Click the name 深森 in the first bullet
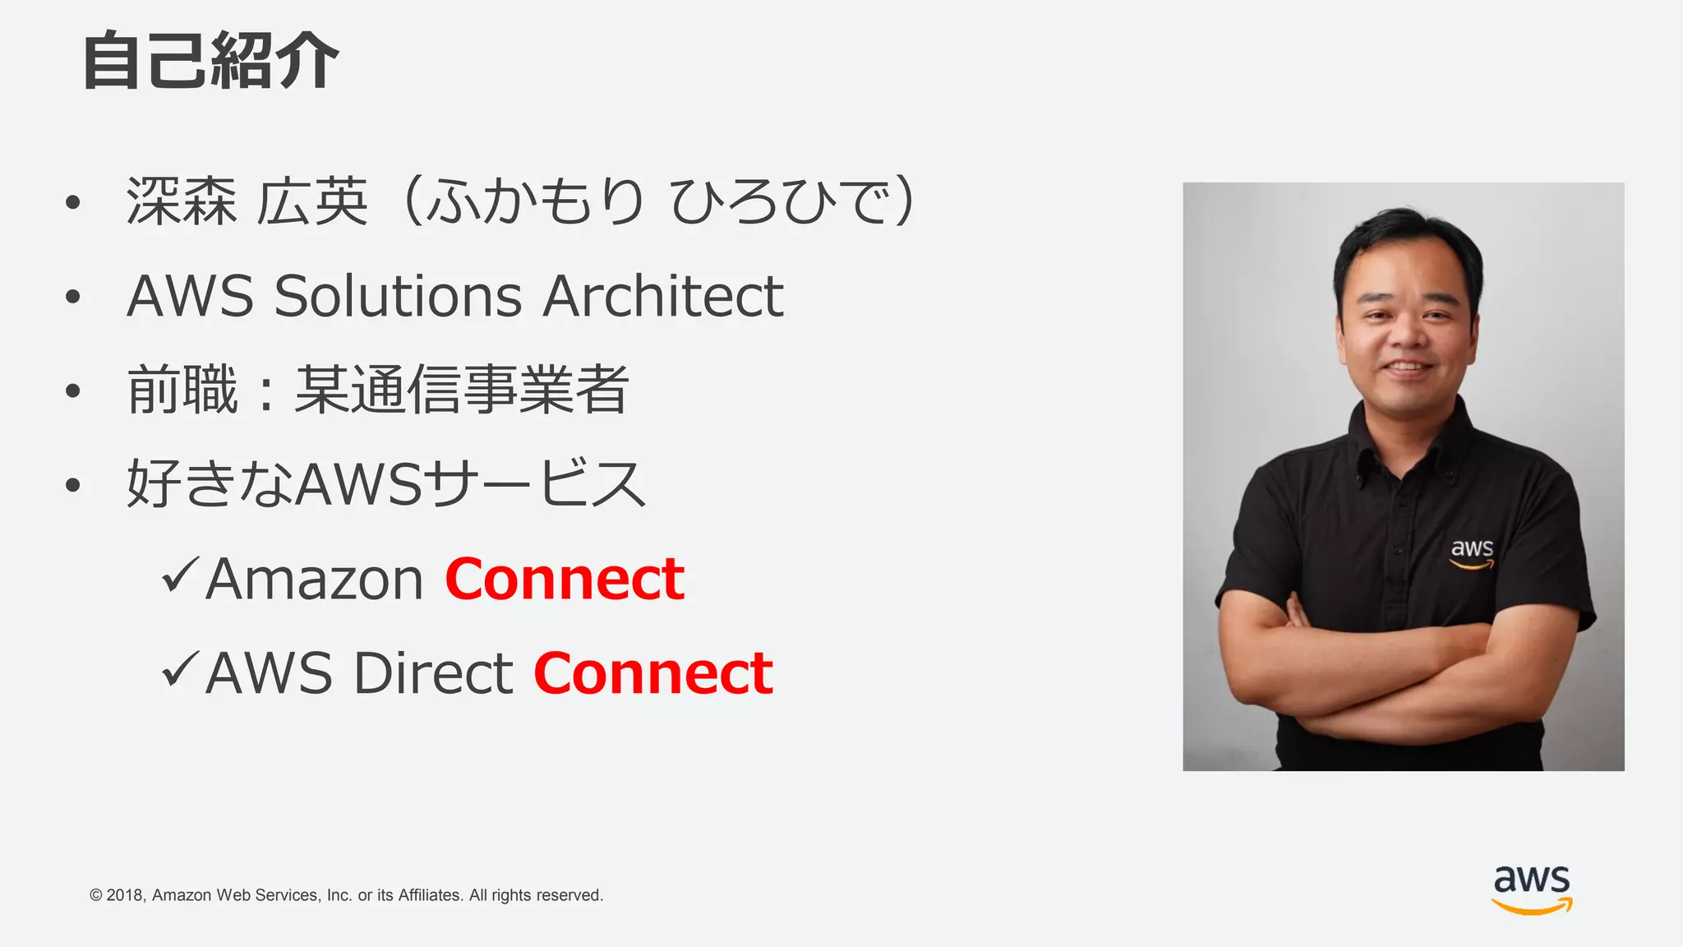point(182,201)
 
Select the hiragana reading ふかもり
point(535,201)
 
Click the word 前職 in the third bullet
point(182,390)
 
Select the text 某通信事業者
point(462,390)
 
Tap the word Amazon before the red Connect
point(315,580)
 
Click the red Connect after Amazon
point(565,580)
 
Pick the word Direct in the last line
point(433,673)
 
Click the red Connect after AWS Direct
point(653,673)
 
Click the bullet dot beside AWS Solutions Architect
point(73,297)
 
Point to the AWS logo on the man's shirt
point(1472,553)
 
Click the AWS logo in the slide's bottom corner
point(1532,889)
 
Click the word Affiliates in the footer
point(430,895)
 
